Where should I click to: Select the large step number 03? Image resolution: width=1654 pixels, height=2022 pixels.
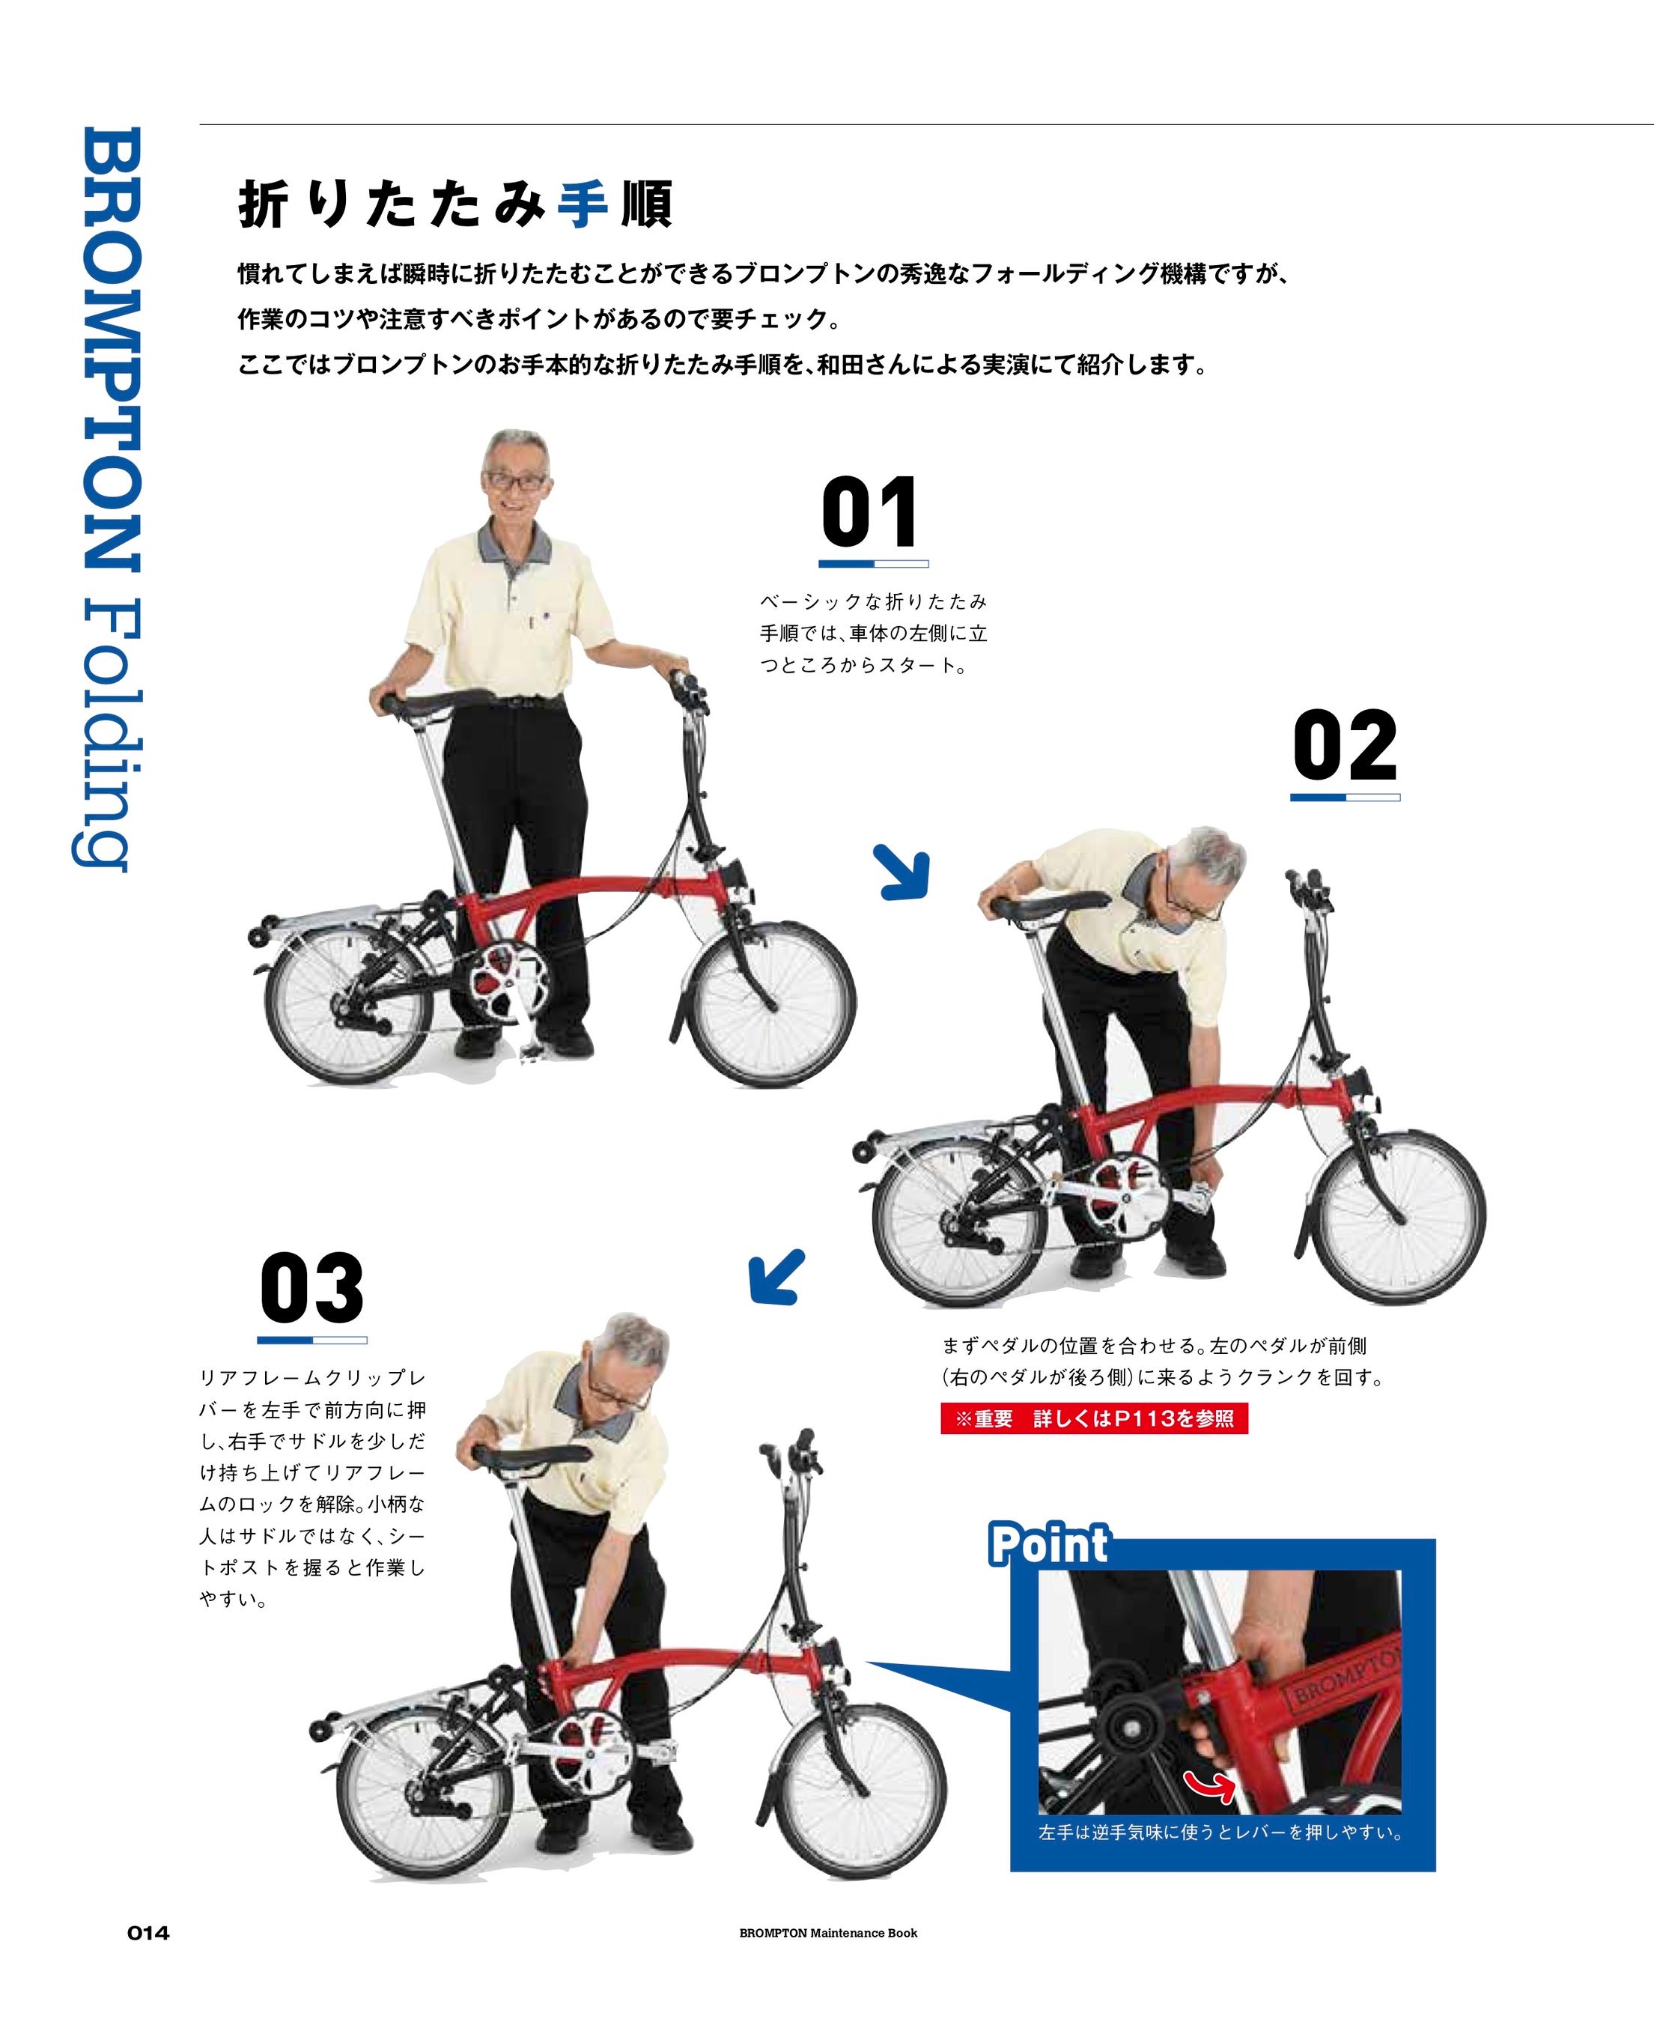tap(311, 1287)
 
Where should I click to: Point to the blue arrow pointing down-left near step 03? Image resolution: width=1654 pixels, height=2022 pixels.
tap(776, 1278)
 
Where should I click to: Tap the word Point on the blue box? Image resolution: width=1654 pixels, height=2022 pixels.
tap(1049, 1543)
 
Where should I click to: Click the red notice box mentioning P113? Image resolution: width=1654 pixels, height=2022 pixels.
tap(1094, 1419)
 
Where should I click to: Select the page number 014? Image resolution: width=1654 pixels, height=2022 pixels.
tap(149, 1932)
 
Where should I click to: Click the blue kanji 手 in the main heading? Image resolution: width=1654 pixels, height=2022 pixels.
tap(582, 204)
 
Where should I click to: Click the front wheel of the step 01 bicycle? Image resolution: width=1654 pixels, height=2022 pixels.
tap(772, 1004)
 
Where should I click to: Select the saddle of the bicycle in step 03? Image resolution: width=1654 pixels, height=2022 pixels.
tap(529, 1456)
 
